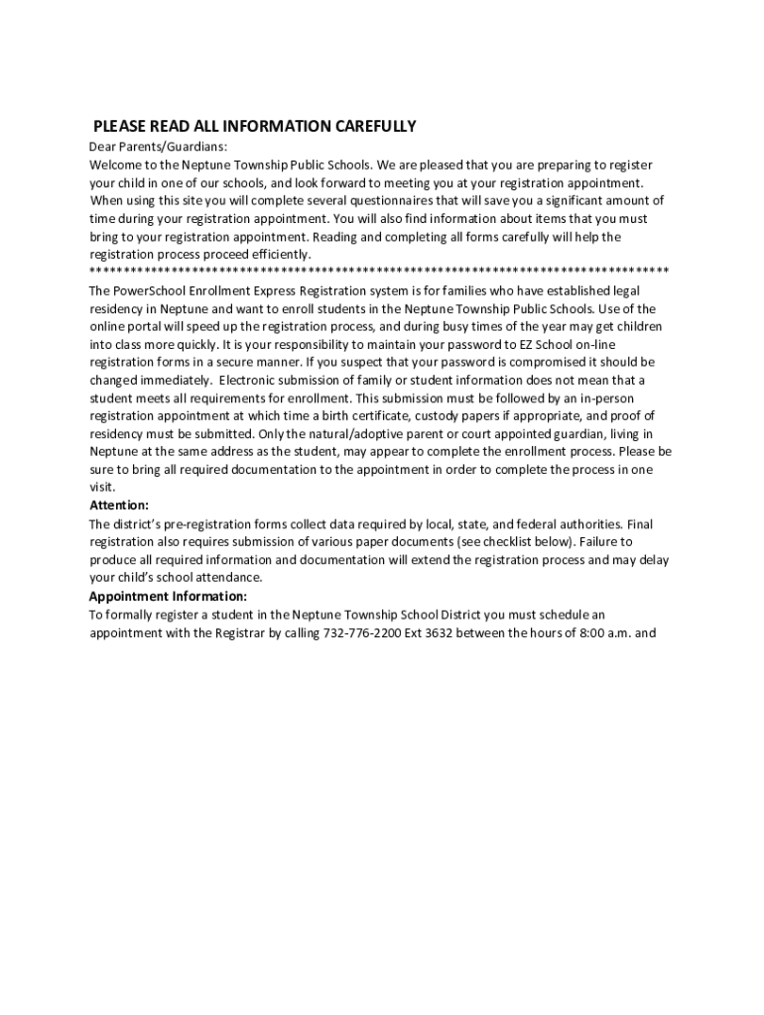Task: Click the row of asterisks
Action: tap(378, 272)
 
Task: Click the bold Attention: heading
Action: tap(119, 506)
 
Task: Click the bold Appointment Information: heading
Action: tap(168, 596)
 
